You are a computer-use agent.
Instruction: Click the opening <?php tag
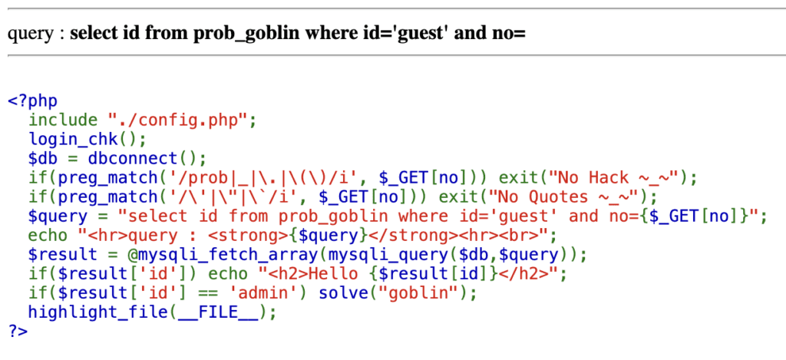(32, 101)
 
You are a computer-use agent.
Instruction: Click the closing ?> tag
(18, 331)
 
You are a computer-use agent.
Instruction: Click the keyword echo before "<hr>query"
(48, 235)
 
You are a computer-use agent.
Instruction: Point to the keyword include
(63, 120)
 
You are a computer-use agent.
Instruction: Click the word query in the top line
(28, 34)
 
